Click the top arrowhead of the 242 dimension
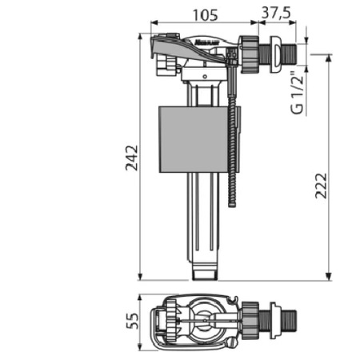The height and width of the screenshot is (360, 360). click(x=141, y=35)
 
